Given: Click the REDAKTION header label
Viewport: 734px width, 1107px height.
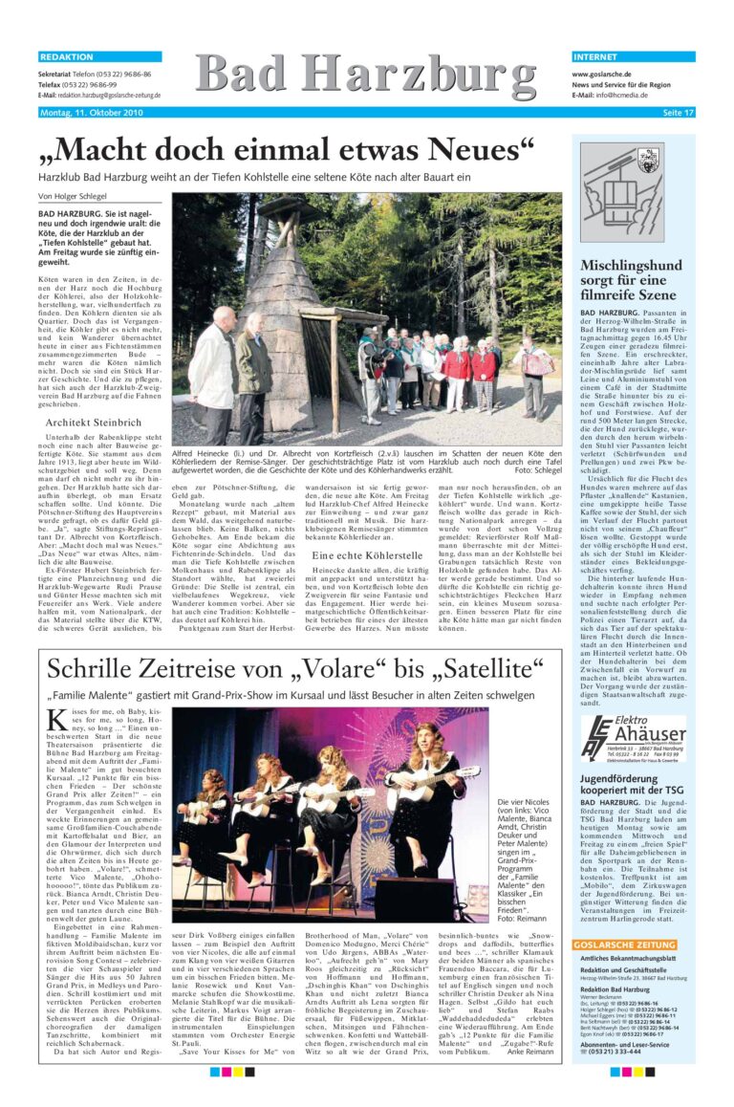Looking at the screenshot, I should click(66, 57).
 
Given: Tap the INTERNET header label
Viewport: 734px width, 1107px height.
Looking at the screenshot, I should click(597, 57).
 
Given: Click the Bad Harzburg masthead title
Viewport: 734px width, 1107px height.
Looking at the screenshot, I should click(367, 76).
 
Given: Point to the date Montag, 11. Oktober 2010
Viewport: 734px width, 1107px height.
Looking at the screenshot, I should click(91, 113).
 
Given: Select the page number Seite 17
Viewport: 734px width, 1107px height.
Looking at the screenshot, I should click(678, 113).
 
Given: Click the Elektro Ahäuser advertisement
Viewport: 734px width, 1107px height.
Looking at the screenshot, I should click(634, 738).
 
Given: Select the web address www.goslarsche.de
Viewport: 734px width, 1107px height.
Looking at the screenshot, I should click(605, 74).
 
